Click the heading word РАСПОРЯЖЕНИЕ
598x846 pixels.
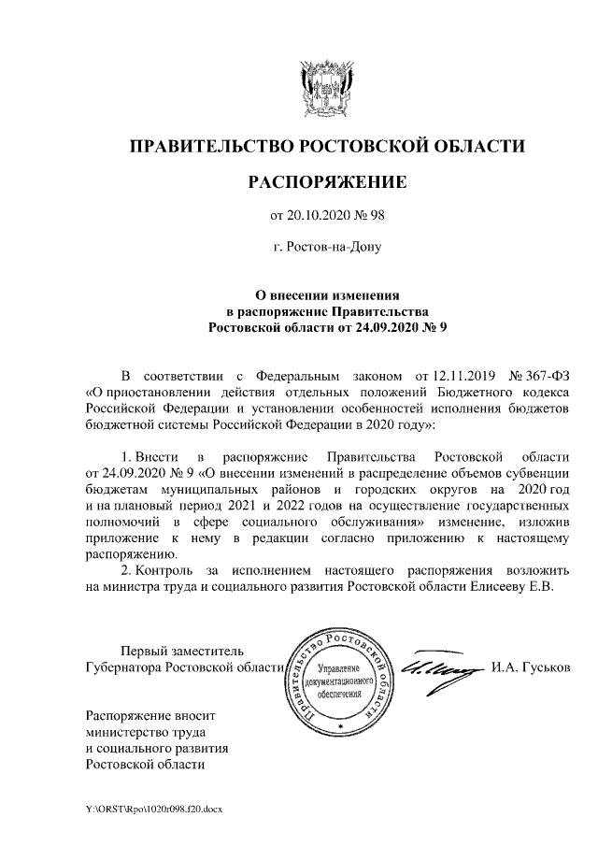pos(326,181)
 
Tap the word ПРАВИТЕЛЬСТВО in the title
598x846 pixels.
pos(206,147)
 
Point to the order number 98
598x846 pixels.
pos(377,217)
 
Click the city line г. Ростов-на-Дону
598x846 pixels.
pos(326,249)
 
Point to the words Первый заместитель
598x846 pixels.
pos(180,651)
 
